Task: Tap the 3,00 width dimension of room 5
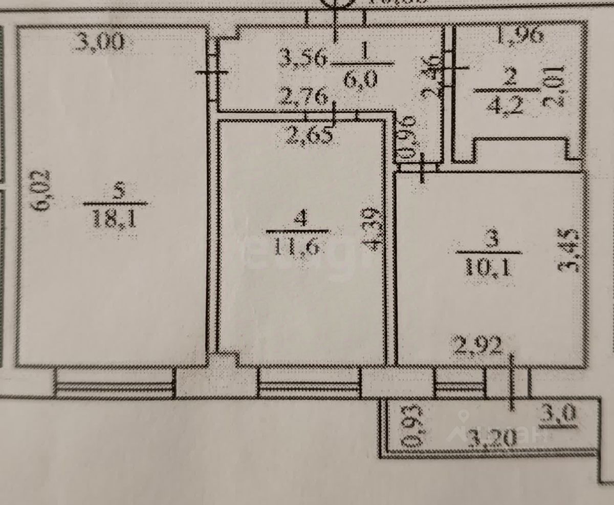[x=99, y=41]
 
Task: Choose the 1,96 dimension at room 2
[x=519, y=35]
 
